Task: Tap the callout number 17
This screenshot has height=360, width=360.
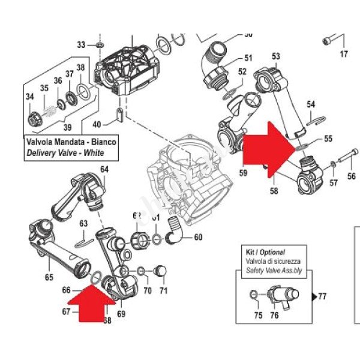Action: point(344,55)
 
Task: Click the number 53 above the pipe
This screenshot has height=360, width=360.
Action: point(275,57)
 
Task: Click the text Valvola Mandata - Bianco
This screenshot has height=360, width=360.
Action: point(70,143)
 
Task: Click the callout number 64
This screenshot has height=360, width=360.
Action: point(104,170)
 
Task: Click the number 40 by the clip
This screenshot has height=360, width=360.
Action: point(97,124)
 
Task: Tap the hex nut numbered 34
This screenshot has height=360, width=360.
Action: point(34,113)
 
